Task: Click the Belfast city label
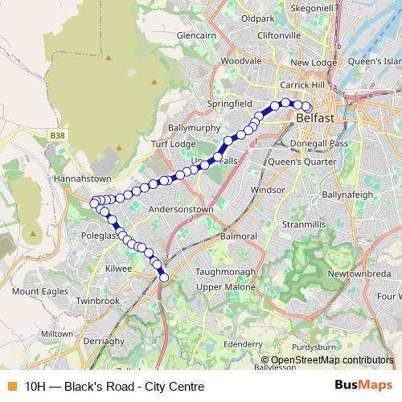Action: (x=315, y=118)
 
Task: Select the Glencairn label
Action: (x=198, y=37)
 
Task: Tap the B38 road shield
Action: (x=56, y=137)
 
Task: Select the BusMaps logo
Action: (x=363, y=386)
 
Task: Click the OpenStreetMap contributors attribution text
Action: (x=332, y=359)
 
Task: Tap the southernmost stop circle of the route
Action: (x=164, y=278)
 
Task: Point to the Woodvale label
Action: (x=241, y=60)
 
